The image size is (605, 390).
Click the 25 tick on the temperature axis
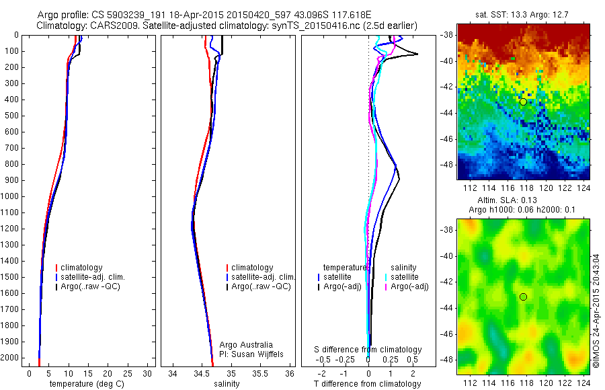click(128, 373)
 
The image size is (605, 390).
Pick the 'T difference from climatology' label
click(368, 384)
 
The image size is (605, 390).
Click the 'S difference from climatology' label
click(368, 350)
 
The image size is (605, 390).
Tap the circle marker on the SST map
click(523, 102)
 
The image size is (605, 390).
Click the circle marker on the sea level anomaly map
click(523, 297)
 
